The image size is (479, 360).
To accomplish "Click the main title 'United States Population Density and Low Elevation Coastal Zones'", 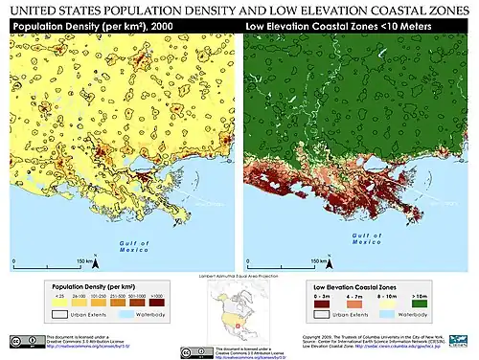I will [239, 9].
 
